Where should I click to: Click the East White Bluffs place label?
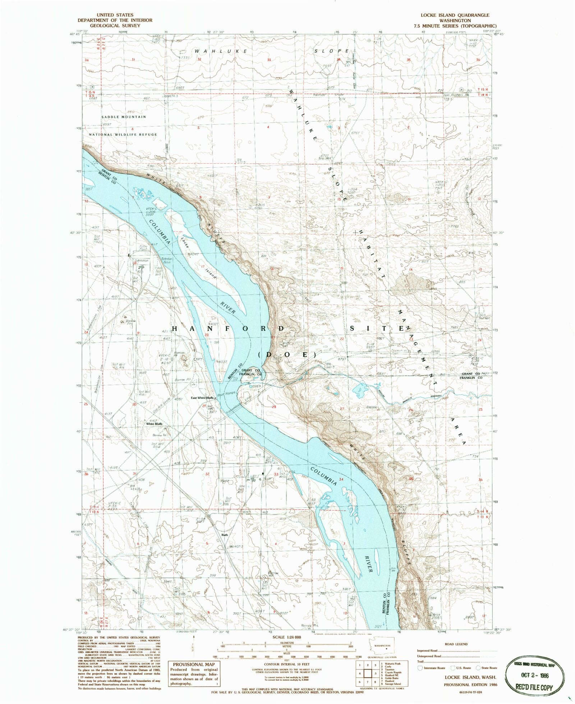pyautogui.click(x=203, y=398)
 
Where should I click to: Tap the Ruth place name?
pyautogui.click(x=225, y=535)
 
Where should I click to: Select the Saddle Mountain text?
pyautogui.click(x=124, y=117)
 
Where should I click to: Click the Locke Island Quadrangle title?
pyautogui.click(x=455, y=15)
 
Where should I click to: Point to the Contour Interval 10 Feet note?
pyautogui.click(x=286, y=664)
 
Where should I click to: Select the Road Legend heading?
pyautogui.click(x=456, y=644)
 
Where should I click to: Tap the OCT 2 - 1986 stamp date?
pyautogui.click(x=535, y=675)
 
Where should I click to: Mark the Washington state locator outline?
pyautogui.click(x=382, y=648)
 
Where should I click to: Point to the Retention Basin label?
pyautogui.click(x=167, y=260)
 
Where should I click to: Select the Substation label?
pyautogui.click(x=141, y=260)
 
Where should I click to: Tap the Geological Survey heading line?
pyautogui.click(x=115, y=26)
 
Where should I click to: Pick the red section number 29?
pyautogui.click(x=204, y=406)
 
